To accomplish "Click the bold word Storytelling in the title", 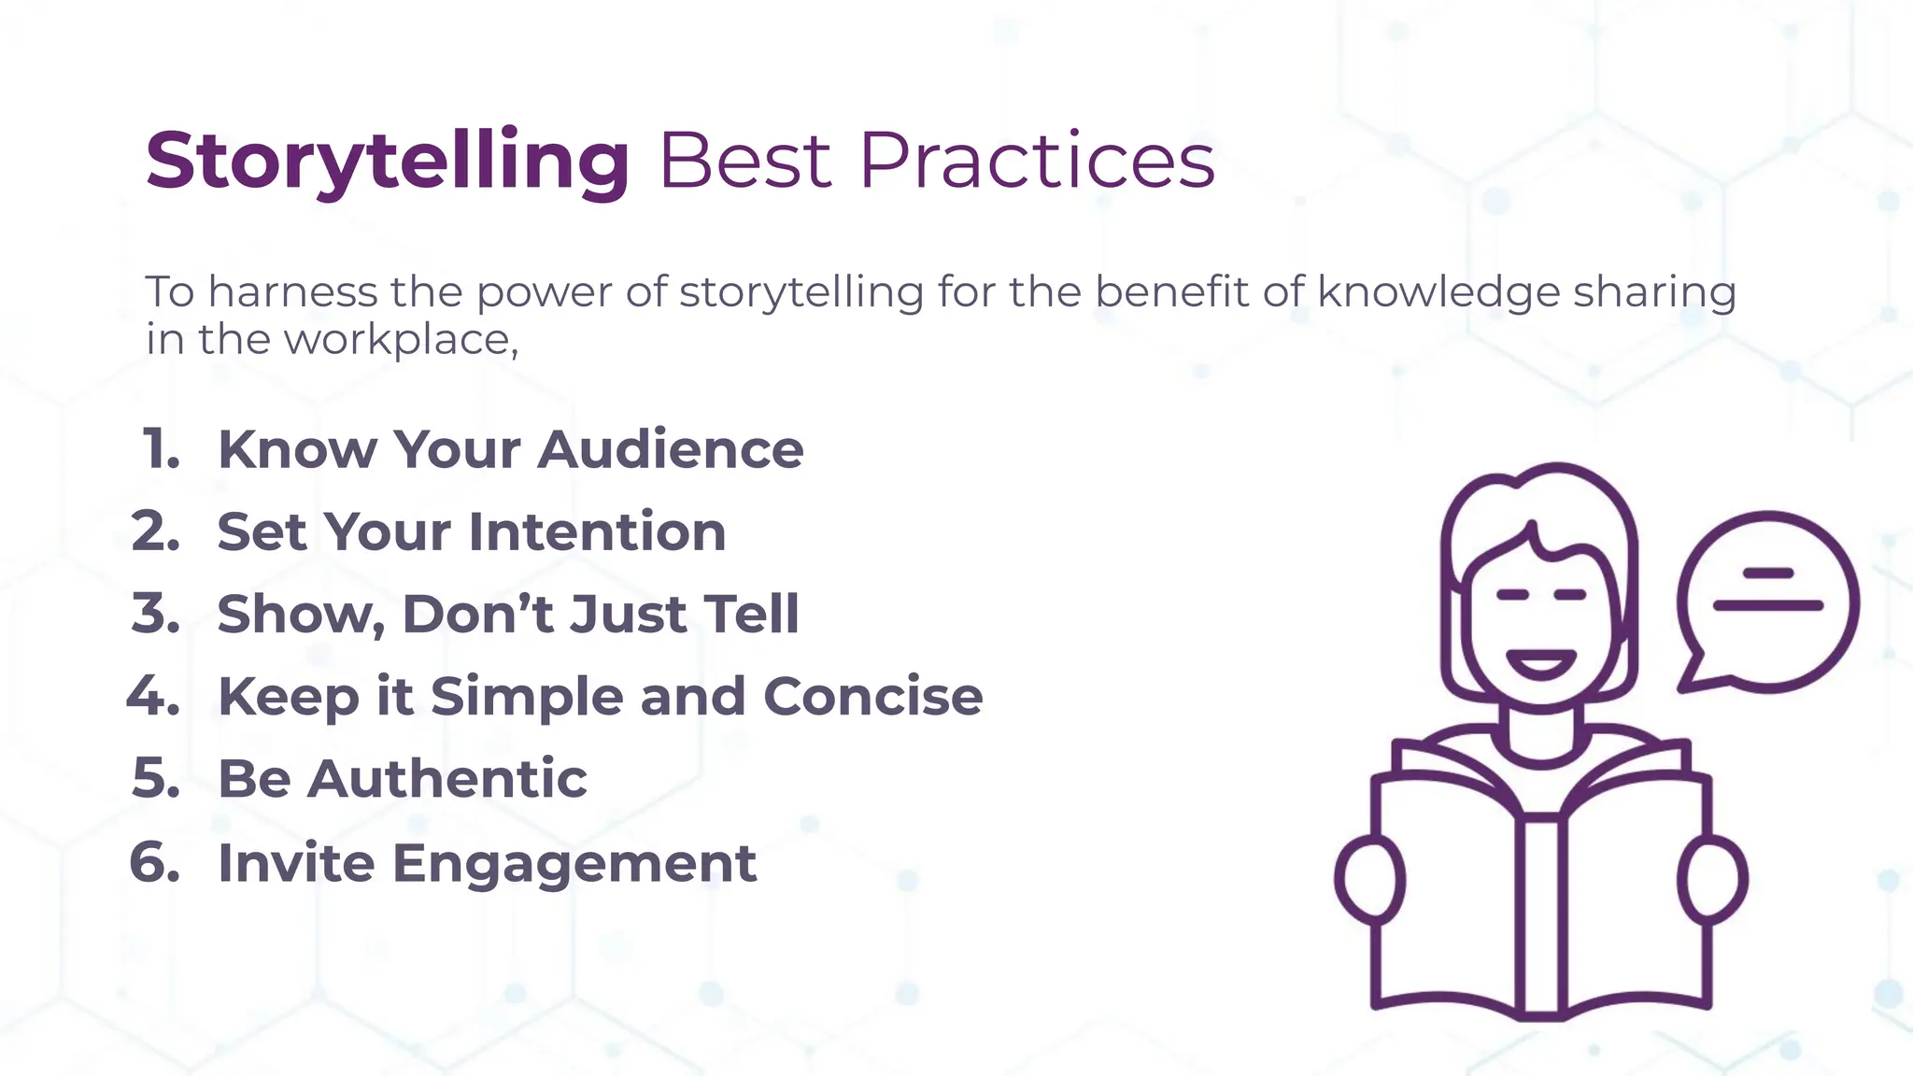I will pos(388,161).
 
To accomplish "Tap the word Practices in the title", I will pos(1037,161).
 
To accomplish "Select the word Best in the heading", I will pos(745,161).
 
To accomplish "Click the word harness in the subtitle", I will pos(291,292).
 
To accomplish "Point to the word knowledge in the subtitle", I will pos(1438,292).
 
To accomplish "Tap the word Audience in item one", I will pos(670,449).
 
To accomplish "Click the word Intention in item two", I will pos(597,531).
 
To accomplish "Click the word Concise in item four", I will pos(872,697).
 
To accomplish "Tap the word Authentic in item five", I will pos(447,779).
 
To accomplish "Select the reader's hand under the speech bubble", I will pos(1712,879).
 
